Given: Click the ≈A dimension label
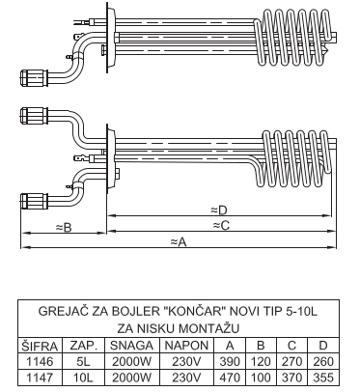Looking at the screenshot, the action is (x=179, y=241).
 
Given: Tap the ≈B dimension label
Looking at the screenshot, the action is (x=64, y=228).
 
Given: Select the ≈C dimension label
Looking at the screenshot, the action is (x=221, y=225).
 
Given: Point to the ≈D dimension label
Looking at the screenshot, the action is (x=219, y=210).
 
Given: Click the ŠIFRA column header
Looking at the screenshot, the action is (x=40, y=346).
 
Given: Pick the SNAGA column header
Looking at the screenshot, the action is (x=131, y=346).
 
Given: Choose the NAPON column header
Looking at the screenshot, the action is (x=186, y=346).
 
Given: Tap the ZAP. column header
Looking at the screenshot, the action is (x=84, y=346).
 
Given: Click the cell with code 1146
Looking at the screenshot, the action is (x=40, y=361).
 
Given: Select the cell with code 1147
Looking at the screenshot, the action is (x=40, y=377).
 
